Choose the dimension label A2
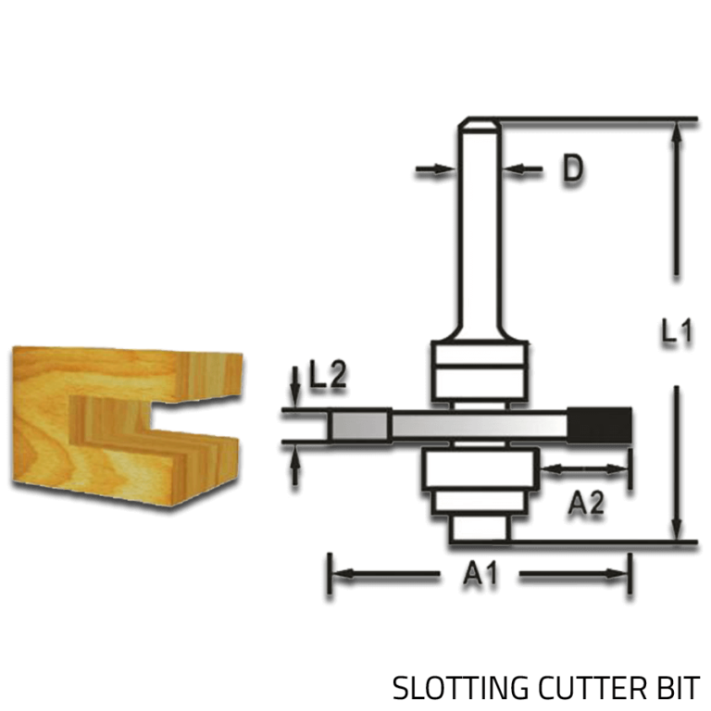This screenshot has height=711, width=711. tap(585, 503)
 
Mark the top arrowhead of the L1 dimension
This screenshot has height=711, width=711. tap(679, 130)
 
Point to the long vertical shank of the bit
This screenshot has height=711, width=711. tap(479, 231)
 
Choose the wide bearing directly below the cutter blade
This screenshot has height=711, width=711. tap(479, 472)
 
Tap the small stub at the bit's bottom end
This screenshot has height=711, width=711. tap(479, 528)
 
